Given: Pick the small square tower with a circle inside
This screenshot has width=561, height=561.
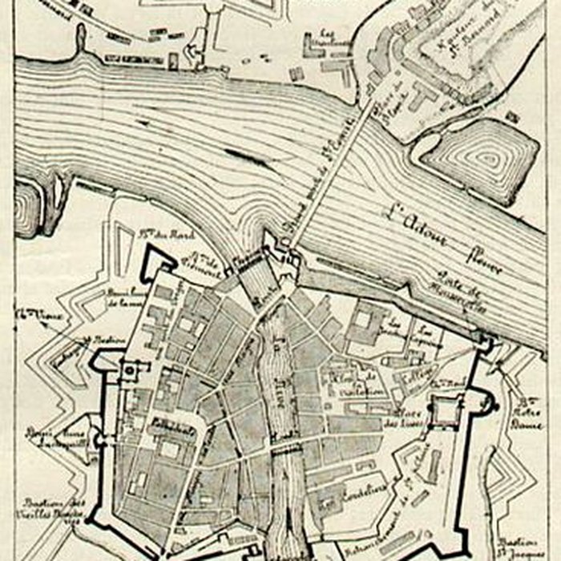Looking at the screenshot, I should pyautogui.click(x=128, y=370).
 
